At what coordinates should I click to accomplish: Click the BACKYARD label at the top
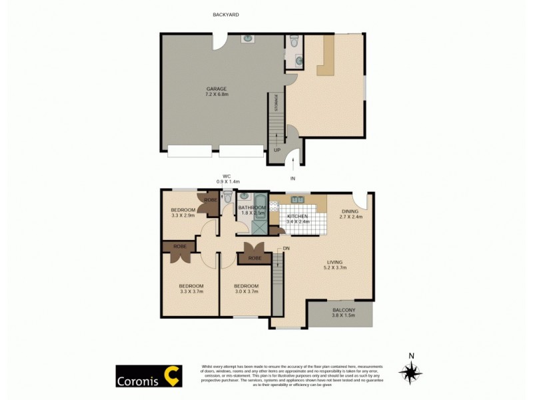pyautogui.click(x=225, y=14)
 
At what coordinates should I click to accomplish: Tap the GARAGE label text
pyautogui.click(x=216, y=89)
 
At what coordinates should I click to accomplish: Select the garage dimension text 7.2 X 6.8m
pyautogui.click(x=216, y=95)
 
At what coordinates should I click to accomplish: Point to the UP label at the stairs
pyautogui.click(x=276, y=150)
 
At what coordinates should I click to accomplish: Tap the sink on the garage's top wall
pyautogui.click(x=247, y=39)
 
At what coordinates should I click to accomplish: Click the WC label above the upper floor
pyautogui.click(x=227, y=177)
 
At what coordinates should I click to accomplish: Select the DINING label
pyautogui.click(x=350, y=211)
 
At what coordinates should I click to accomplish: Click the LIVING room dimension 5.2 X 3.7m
pyautogui.click(x=335, y=268)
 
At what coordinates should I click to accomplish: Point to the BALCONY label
pyautogui.click(x=344, y=310)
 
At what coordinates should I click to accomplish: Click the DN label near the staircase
pyautogui.click(x=286, y=249)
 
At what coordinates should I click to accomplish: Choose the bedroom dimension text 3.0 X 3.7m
pyautogui.click(x=246, y=291)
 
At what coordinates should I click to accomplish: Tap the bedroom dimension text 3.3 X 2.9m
pyautogui.click(x=183, y=216)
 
